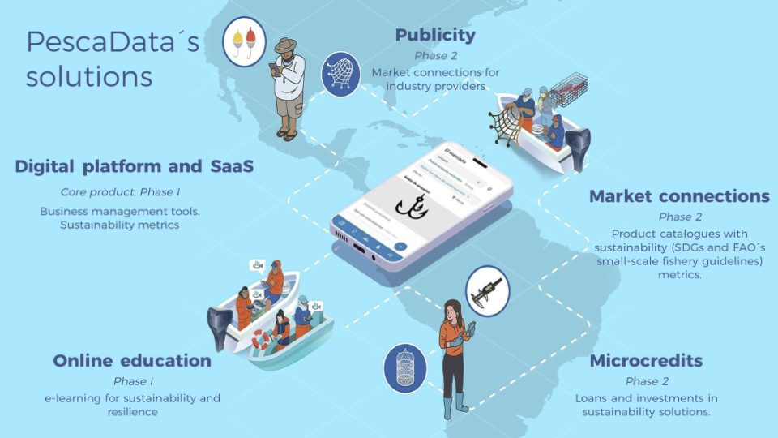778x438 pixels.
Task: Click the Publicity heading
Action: pyautogui.click(x=435, y=35)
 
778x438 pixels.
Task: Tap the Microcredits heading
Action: pyautogui.click(x=646, y=360)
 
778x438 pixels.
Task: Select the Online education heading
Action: pyautogui.click(x=132, y=360)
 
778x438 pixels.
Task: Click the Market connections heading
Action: pyautogui.click(x=679, y=196)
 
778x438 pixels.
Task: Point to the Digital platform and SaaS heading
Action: pyautogui.click(x=135, y=166)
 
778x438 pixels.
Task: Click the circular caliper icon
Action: pyautogui.click(x=487, y=290)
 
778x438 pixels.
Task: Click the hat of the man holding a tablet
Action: pyautogui.click(x=285, y=45)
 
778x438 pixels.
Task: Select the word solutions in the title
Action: pyautogui.click(x=88, y=76)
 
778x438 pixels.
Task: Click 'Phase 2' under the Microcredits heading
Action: pyautogui.click(x=647, y=381)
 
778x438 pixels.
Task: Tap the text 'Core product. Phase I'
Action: pyautogui.click(x=120, y=192)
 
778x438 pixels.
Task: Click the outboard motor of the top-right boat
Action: pyautogui.click(x=579, y=148)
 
